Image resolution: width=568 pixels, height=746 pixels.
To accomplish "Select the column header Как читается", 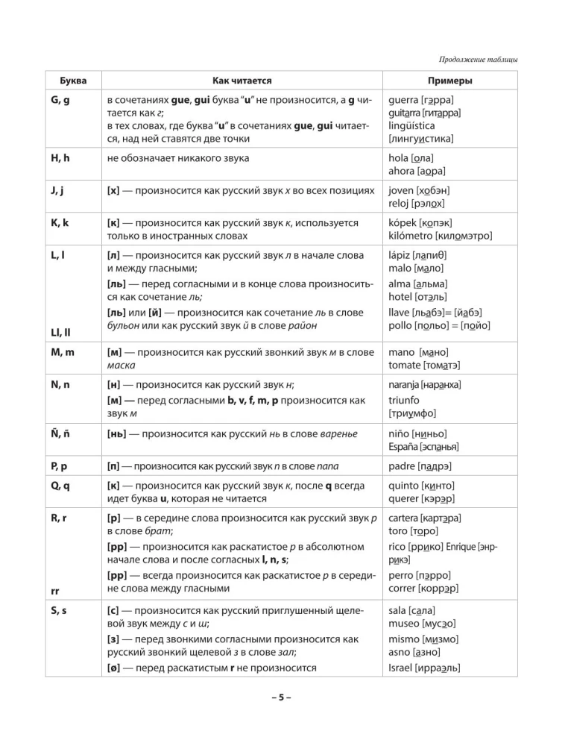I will (242, 80).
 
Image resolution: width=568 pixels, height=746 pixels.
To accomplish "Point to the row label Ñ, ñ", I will (60, 433).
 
